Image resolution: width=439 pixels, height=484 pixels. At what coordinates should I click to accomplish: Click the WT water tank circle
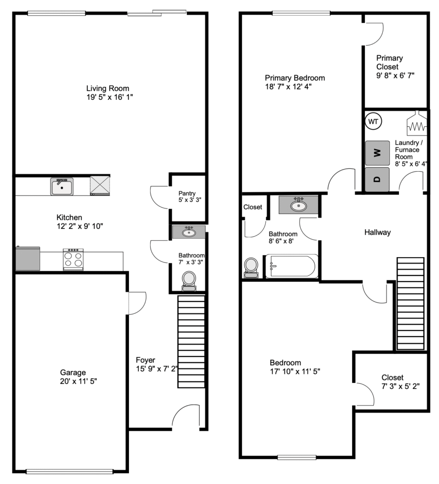pyautogui.click(x=373, y=121)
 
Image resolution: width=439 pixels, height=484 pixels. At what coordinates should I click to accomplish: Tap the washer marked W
pyautogui.click(x=377, y=153)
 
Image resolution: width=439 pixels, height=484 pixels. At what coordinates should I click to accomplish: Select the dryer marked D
pyautogui.click(x=377, y=179)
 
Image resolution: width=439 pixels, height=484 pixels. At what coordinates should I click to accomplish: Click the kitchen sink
pyautogui.click(x=62, y=187)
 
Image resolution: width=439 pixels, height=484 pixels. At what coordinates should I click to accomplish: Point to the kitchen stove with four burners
pyautogui.click(x=73, y=259)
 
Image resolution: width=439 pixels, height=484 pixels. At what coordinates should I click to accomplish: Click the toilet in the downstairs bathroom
pyautogui.click(x=189, y=281)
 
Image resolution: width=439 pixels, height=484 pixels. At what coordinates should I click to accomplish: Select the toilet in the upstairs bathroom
pyautogui.click(x=251, y=268)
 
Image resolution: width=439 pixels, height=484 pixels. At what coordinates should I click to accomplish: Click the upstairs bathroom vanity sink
pyautogui.click(x=298, y=205)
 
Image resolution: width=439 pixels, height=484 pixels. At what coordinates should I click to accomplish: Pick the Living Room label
pyautogui.click(x=108, y=88)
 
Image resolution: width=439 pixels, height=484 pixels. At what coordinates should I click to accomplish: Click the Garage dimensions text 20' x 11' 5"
pyautogui.click(x=79, y=381)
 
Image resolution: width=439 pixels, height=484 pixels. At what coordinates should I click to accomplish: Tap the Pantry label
pyautogui.click(x=187, y=193)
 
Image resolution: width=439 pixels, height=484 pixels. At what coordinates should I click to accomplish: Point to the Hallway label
pyautogui.click(x=377, y=232)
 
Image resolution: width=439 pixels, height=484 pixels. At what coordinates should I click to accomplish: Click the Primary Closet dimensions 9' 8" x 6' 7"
pyautogui.click(x=395, y=75)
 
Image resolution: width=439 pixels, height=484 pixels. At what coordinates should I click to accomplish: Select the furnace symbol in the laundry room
pyautogui.click(x=417, y=123)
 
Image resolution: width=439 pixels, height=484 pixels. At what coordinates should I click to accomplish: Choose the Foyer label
pyautogui.click(x=145, y=360)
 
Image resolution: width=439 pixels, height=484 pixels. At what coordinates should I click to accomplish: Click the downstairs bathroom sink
pyautogui.click(x=189, y=232)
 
